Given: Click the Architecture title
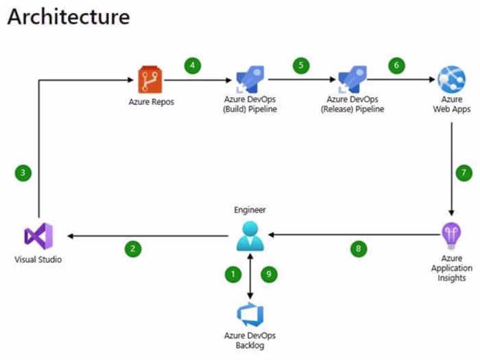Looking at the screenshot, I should pyautogui.click(x=68, y=16).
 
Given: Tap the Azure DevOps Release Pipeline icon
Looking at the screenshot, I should pyautogui.click(x=352, y=80).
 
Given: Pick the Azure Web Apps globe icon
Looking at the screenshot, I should pyautogui.click(x=451, y=80).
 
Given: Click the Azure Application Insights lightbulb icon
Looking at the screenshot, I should pyautogui.click(x=451, y=236).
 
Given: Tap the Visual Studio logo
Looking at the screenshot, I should pyautogui.click(x=38, y=237).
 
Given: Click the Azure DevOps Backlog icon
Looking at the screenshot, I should pyautogui.click(x=250, y=315).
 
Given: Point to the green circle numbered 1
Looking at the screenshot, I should pyautogui.click(x=233, y=274).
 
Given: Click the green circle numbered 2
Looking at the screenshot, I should pyautogui.click(x=132, y=249).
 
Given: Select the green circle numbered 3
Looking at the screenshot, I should pyautogui.click(x=23, y=173).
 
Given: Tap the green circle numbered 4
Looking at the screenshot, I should pyautogui.click(x=193, y=66).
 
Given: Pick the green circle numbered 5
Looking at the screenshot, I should pyautogui.click(x=300, y=66).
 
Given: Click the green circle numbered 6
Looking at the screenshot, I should pyautogui.click(x=396, y=66).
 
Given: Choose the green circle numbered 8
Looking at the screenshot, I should pyautogui.click(x=357, y=249).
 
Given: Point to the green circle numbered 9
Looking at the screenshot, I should pyautogui.click(x=268, y=274).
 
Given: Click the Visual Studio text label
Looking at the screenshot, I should pyautogui.click(x=38, y=260).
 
